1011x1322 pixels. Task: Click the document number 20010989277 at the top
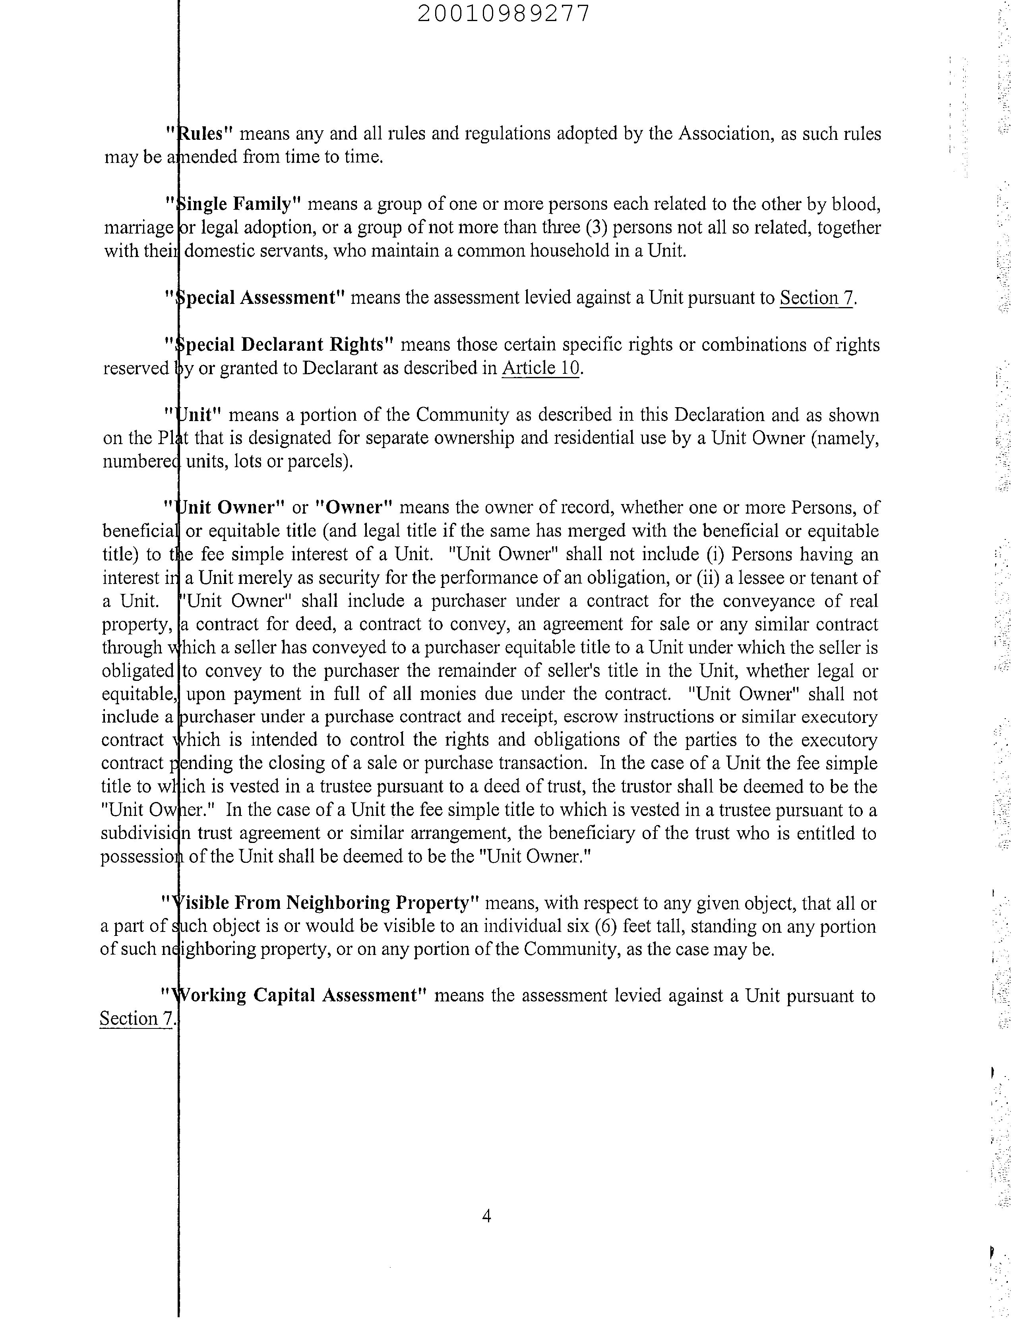coord(503,13)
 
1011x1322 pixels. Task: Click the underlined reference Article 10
coord(540,368)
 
